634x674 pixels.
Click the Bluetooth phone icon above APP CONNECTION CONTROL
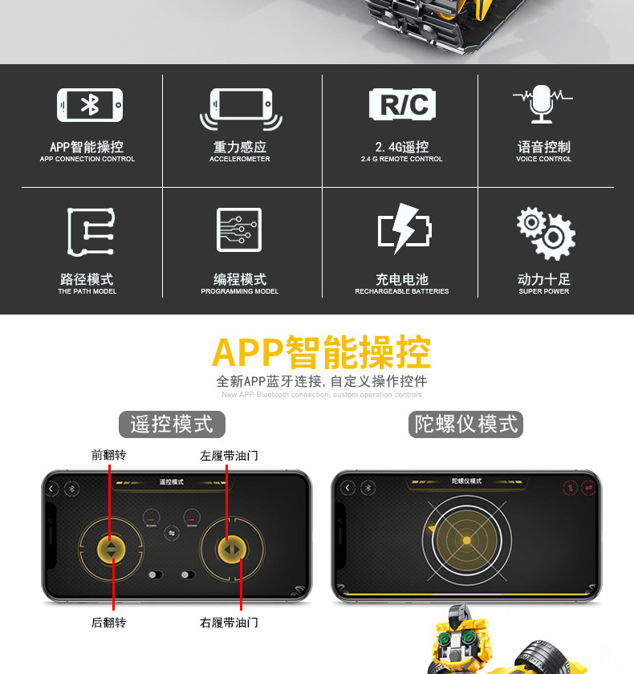(90, 105)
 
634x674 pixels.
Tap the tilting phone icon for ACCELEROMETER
(241, 108)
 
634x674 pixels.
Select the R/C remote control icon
(402, 104)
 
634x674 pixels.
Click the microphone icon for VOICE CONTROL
(543, 104)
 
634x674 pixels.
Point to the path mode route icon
(90, 231)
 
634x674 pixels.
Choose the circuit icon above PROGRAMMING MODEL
(239, 230)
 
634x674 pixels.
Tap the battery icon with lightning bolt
(404, 230)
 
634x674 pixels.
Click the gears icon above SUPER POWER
(545, 233)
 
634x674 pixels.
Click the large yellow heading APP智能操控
(321, 352)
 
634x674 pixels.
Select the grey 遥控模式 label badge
(172, 424)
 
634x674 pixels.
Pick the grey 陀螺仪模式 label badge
(465, 424)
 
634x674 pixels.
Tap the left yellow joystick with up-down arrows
(111, 549)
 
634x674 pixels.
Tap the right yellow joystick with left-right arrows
(231, 549)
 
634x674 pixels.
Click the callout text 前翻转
(108, 455)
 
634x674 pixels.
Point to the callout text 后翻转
(108, 623)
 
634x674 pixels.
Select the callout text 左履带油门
(229, 455)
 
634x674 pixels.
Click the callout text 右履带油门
(229, 623)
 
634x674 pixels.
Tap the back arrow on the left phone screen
(53, 488)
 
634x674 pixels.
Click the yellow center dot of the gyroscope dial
(466, 541)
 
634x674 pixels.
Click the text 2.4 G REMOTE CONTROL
(401, 159)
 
